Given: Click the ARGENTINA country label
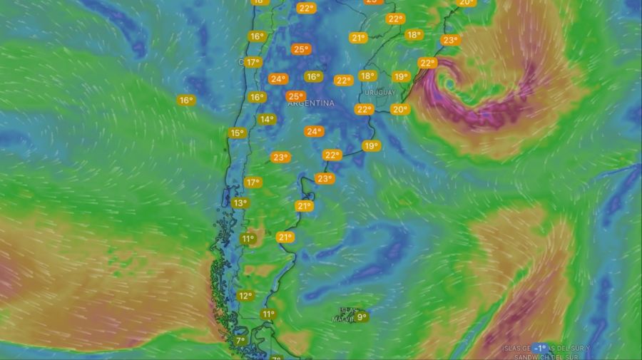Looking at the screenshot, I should click(x=311, y=103).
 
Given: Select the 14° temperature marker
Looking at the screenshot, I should click(x=267, y=120).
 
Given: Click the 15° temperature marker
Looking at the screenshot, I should click(x=237, y=133).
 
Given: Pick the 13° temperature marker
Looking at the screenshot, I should click(x=240, y=203).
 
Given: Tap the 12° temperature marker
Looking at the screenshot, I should click(x=245, y=296).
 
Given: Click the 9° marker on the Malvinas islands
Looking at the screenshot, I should click(x=362, y=317).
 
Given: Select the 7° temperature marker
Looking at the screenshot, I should click(x=240, y=341).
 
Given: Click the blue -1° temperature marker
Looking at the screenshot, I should click(x=539, y=348).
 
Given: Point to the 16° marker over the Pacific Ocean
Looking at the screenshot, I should click(x=186, y=101).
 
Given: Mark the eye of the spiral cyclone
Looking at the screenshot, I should click(x=448, y=83).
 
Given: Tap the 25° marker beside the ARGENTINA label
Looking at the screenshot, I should click(x=295, y=96).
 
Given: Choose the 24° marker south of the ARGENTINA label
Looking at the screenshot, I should click(x=314, y=131).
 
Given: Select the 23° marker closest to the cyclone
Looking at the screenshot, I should click(x=449, y=40).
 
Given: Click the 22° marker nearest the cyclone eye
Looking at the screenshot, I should click(x=427, y=63).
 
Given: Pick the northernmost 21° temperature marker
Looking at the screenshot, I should click(x=358, y=38).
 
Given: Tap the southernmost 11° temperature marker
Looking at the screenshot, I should click(x=268, y=314).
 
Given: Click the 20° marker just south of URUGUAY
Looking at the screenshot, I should click(x=399, y=109).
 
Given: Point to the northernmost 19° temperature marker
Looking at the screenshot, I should click(x=401, y=77).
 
